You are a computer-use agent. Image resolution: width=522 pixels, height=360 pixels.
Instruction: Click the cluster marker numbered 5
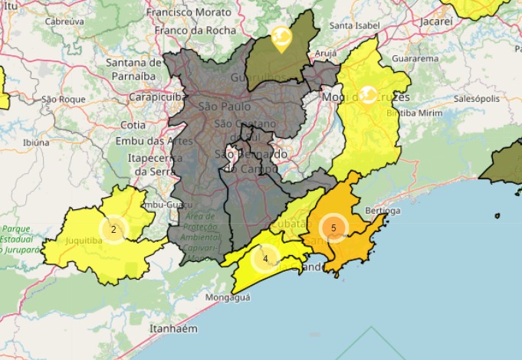pyautogui.click(x=333, y=227)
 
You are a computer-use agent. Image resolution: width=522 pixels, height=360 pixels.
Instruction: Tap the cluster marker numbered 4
pyautogui.click(x=265, y=258)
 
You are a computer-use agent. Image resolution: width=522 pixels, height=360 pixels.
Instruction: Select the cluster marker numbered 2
pyautogui.click(x=113, y=229)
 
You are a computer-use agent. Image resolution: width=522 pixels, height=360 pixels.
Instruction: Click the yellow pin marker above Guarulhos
pyautogui.click(x=281, y=38)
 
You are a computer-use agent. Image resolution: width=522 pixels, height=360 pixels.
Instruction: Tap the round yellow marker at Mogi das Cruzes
pyautogui.click(x=368, y=94)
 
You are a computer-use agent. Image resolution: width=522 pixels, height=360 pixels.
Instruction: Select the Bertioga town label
pyautogui.click(x=382, y=211)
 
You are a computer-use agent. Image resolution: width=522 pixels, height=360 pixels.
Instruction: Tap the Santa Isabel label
pyautogui.click(x=354, y=25)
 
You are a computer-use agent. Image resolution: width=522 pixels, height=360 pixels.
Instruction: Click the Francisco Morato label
pyautogui.click(x=188, y=13)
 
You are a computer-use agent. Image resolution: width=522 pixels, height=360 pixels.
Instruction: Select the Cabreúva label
pyautogui.click(x=64, y=22)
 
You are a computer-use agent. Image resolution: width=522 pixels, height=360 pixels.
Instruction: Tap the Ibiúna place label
pyautogui.click(x=36, y=142)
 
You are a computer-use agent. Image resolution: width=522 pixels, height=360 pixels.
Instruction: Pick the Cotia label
pyautogui.click(x=133, y=125)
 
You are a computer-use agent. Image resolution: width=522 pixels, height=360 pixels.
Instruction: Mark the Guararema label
pyautogui.click(x=415, y=58)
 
